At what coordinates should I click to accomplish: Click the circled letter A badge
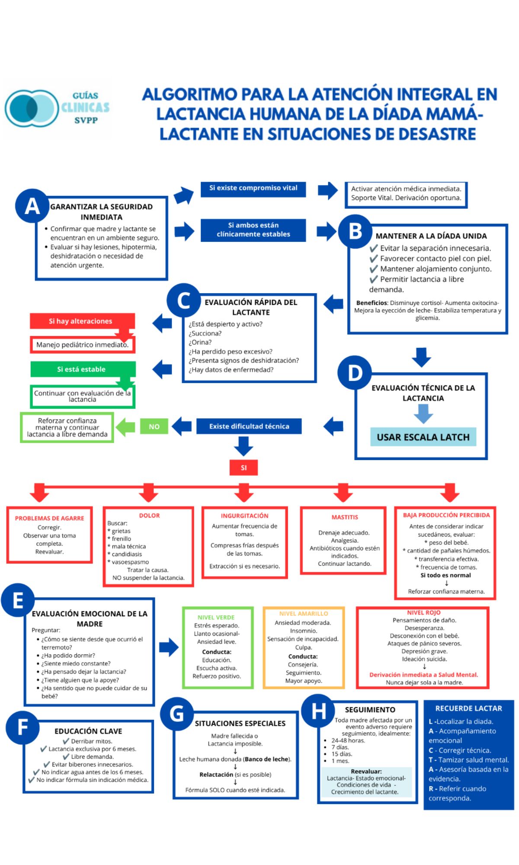32,206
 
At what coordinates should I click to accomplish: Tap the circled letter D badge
355,373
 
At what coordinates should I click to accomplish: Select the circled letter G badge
177,714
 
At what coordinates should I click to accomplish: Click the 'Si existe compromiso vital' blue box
253,189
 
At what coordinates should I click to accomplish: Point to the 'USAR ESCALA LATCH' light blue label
423,437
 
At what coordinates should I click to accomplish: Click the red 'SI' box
243,468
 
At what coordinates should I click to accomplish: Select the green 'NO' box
154,426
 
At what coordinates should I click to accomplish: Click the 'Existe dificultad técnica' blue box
249,426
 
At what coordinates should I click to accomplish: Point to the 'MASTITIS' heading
345,517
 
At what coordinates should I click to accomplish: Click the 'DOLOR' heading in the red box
149,516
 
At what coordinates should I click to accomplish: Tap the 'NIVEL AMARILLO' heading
304,613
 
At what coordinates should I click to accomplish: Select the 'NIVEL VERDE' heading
216,618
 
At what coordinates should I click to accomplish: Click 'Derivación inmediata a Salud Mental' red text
423,675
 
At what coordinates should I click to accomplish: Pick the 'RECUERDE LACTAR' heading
468,708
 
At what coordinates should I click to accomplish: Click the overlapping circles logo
31,108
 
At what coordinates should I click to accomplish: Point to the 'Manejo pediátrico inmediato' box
82,345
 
